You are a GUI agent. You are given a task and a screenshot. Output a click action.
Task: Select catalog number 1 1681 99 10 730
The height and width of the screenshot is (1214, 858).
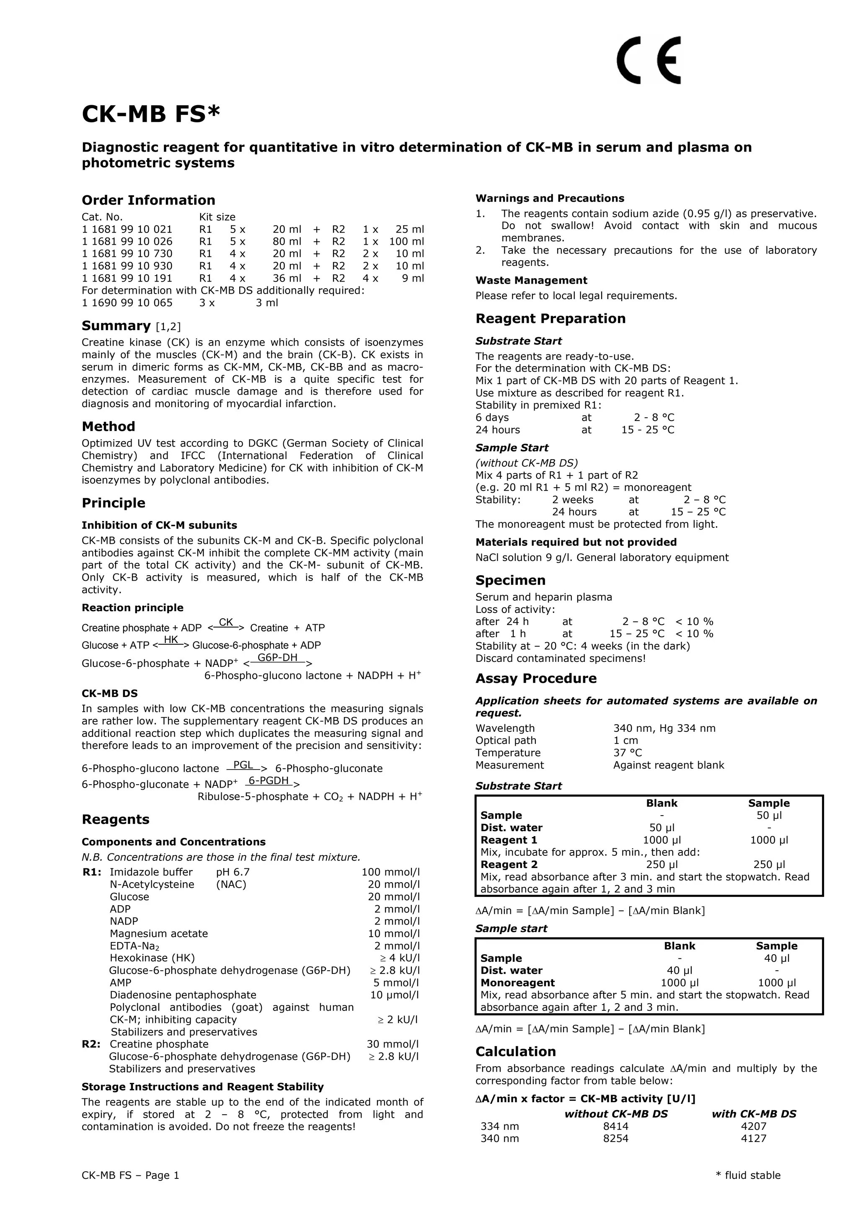(127, 254)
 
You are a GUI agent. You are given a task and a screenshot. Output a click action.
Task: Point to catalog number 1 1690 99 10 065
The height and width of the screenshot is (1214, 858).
(127, 303)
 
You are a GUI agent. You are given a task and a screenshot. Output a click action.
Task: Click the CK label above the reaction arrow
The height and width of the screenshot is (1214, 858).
(226, 622)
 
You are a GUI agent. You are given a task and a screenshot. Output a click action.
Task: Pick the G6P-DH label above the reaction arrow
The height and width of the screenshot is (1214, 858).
(277, 658)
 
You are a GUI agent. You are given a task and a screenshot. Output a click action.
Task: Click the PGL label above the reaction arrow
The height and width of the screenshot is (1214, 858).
(243, 765)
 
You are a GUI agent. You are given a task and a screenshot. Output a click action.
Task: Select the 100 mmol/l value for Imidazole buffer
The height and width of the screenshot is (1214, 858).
(390, 873)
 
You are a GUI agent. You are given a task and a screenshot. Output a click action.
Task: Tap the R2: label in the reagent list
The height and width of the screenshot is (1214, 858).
(92, 1044)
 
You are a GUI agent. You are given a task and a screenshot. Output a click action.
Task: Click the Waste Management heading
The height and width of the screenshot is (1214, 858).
(531, 281)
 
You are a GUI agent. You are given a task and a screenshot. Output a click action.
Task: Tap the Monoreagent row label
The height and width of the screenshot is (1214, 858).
(517, 983)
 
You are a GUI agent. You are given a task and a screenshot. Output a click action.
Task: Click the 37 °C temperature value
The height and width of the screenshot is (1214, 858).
(627, 753)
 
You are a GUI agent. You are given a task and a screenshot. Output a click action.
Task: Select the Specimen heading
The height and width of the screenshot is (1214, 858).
(510, 581)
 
